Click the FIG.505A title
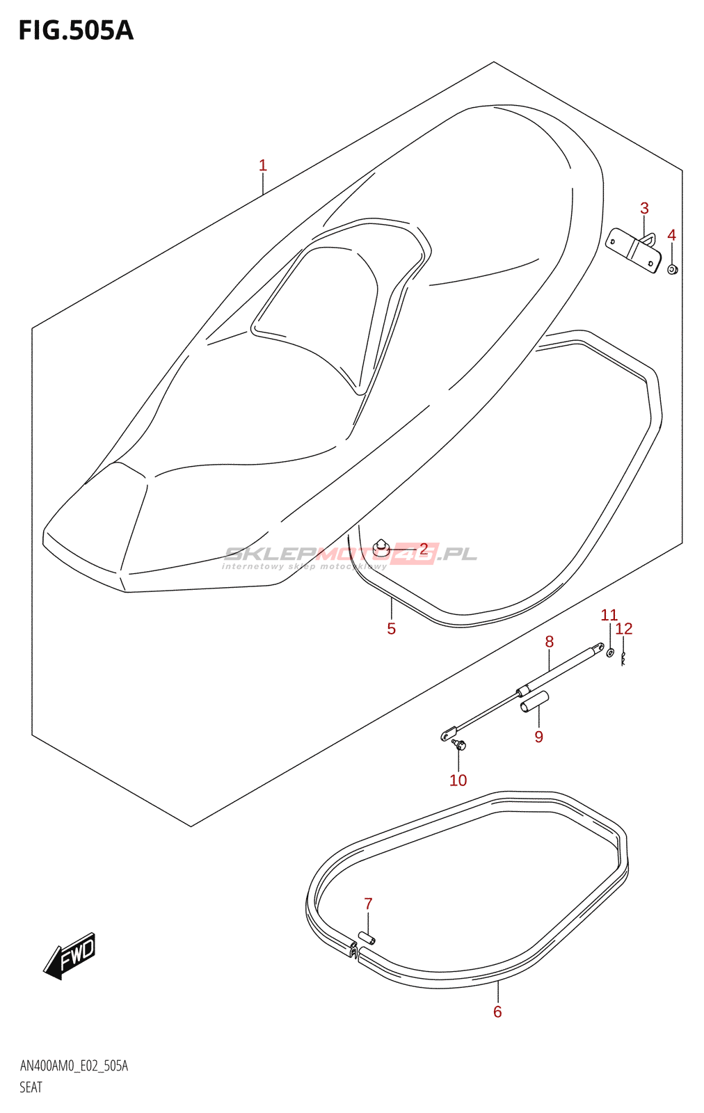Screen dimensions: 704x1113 [76, 31]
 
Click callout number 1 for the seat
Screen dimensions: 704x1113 [263, 166]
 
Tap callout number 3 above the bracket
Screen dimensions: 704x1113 [644, 208]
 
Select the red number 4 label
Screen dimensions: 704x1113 [672, 235]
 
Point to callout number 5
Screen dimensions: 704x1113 [392, 629]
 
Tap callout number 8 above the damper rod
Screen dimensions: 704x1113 [549, 641]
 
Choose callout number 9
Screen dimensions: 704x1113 [539, 737]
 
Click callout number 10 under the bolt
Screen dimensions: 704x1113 [458, 780]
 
